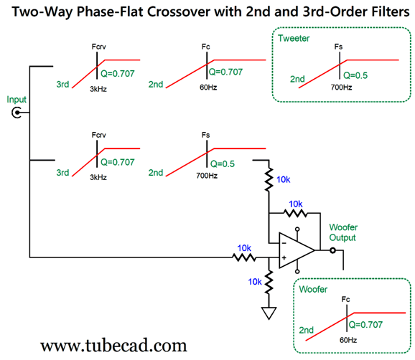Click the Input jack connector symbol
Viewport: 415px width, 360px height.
tap(17, 113)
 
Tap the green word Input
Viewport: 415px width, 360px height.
tap(17, 100)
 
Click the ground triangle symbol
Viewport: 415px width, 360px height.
tap(269, 313)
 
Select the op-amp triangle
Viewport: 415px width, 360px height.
tap(297, 250)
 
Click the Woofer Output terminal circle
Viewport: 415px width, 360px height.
tap(332, 250)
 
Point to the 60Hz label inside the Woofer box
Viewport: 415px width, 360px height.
tap(348, 340)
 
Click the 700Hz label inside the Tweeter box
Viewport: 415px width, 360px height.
tap(341, 87)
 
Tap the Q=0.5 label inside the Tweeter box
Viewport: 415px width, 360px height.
tap(355, 75)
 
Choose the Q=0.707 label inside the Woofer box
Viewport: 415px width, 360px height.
tap(365, 325)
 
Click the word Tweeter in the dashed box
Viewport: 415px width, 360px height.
tap(294, 38)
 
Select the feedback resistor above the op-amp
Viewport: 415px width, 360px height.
tap(296, 213)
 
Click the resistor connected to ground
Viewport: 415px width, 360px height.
tap(269, 282)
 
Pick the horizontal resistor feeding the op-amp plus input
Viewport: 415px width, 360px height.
tap(244, 257)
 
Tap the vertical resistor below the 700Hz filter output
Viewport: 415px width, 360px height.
tap(269, 179)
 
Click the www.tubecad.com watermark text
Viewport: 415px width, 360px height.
tap(113, 346)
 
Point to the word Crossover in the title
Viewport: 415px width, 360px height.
tap(178, 12)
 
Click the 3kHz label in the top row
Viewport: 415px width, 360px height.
tap(98, 89)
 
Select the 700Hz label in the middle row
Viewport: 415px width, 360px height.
tap(207, 176)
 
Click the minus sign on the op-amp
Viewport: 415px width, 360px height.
tap(284, 243)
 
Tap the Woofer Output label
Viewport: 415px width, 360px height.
tap(343, 232)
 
